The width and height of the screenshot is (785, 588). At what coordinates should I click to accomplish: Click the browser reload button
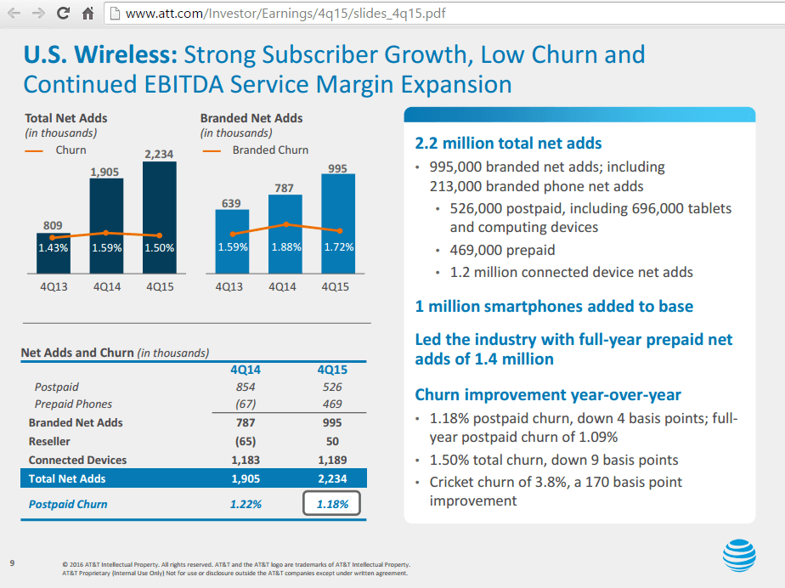(x=63, y=14)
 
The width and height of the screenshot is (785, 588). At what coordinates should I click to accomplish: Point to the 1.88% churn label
(x=285, y=247)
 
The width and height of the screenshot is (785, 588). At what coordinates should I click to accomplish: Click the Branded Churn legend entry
(x=270, y=150)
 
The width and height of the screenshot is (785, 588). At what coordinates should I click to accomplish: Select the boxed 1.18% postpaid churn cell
(x=331, y=504)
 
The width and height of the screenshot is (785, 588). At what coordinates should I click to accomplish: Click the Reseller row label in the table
(x=50, y=442)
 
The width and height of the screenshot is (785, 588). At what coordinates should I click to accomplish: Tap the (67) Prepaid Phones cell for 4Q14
(x=246, y=404)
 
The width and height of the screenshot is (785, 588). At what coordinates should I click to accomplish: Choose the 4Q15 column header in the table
(x=331, y=370)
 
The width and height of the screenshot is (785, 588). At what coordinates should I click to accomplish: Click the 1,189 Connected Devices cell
(x=331, y=460)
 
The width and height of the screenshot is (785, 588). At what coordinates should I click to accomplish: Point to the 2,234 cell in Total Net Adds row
(x=331, y=478)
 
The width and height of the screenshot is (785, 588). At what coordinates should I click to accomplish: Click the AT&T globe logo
(x=738, y=557)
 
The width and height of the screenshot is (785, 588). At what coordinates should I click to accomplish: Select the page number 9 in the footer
(x=12, y=562)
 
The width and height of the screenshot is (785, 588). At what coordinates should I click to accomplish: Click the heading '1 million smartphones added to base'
(x=554, y=306)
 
